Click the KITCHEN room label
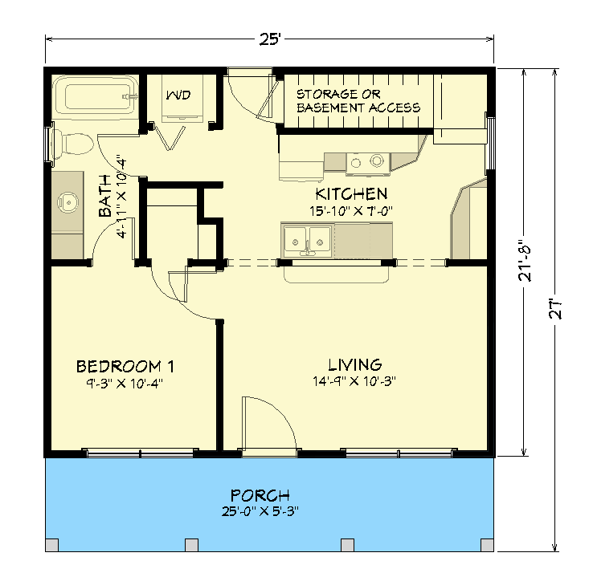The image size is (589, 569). (x=351, y=194)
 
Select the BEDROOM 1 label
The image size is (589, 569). (x=125, y=367)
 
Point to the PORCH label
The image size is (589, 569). (x=260, y=495)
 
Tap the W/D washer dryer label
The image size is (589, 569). (x=178, y=96)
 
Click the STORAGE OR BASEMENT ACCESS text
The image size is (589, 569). (x=358, y=100)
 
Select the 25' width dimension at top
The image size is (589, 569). (x=269, y=39)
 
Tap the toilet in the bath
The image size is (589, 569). (x=72, y=144)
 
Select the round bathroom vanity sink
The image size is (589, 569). (x=70, y=201)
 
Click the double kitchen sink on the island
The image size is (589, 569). (x=307, y=239)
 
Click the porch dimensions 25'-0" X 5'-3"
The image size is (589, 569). (x=260, y=510)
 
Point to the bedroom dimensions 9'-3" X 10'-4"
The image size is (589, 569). (x=125, y=383)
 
